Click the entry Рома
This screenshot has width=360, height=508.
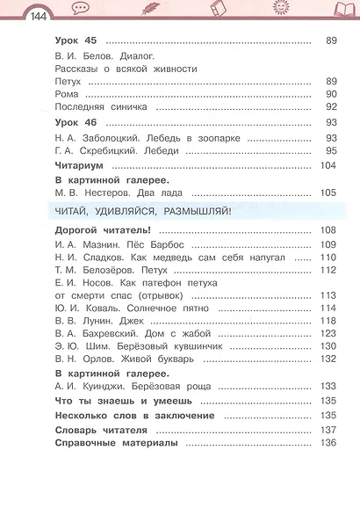[67, 94]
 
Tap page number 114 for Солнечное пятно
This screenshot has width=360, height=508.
[329, 308]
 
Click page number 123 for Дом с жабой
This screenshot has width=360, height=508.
[329, 335]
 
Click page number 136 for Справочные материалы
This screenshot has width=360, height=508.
[329, 443]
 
